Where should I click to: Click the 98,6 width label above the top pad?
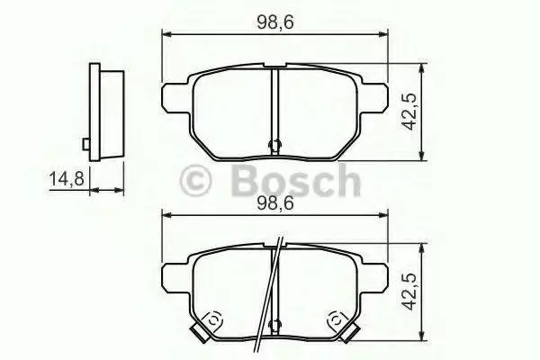[274, 22]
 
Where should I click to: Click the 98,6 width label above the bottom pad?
[274, 203]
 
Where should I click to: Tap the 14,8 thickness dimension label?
[67, 179]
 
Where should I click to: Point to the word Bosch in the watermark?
[296, 181]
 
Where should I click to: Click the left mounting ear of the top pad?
[175, 97]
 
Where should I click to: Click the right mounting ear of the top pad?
[374, 97]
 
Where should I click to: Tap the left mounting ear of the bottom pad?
[175, 278]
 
